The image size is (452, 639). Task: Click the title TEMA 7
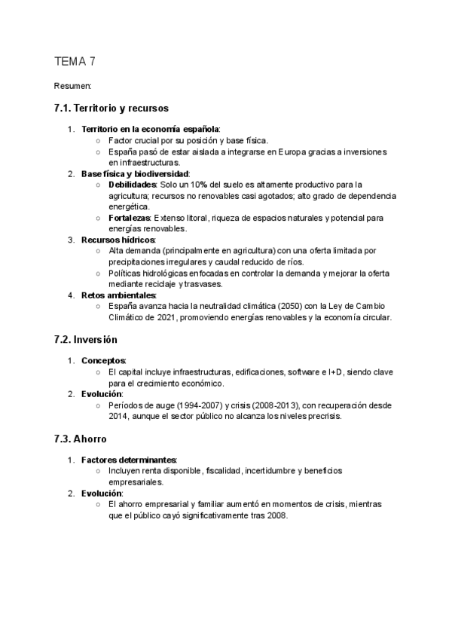(75, 62)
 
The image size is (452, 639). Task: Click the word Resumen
(72, 87)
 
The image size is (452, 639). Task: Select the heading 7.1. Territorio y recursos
(111, 109)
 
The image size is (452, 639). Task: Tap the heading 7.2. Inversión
(86, 339)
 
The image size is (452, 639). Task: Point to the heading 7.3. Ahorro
(81, 438)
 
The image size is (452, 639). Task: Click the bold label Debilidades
(132, 184)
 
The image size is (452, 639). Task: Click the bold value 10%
(198, 184)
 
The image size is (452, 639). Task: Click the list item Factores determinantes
(129, 459)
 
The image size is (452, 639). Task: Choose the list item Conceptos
(103, 361)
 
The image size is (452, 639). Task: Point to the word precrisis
(321, 415)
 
